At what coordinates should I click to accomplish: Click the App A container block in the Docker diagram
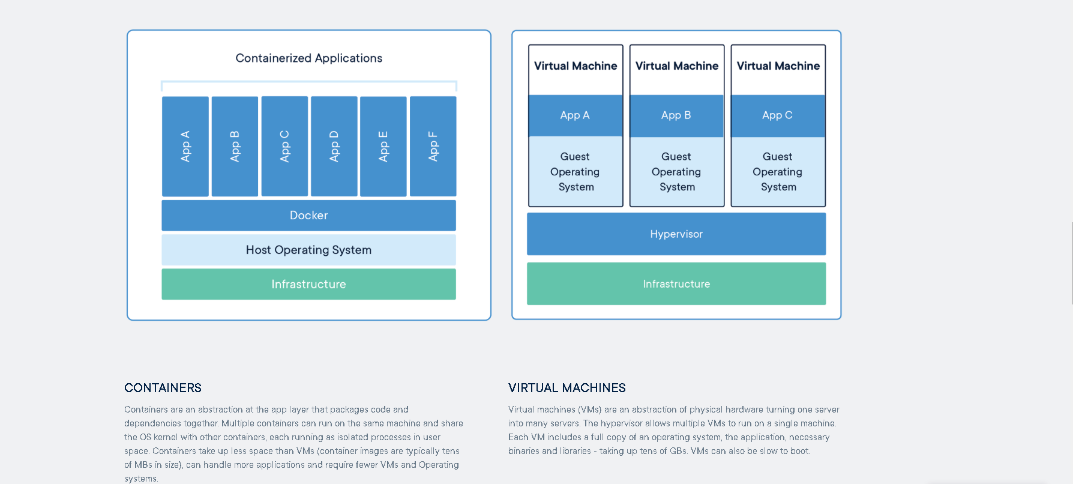(x=185, y=147)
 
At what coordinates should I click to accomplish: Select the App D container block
(x=334, y=147)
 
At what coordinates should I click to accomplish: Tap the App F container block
(x=433, y=147)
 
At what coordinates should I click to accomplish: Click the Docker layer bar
(x=308, y=216)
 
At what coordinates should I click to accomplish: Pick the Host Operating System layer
(x=308, y=250)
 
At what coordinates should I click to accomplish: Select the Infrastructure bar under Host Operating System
(x=308, y=284)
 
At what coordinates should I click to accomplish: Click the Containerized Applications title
(x=308, y=58)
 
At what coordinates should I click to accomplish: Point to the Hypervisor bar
(x=676, y=234)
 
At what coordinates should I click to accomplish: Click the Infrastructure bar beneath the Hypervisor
(x=676, y=284)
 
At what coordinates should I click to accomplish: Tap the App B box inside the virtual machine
(x=676, y=115)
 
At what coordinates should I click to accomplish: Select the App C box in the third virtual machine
(x=778, y=115)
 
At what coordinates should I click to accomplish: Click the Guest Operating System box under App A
(x=576, y=172)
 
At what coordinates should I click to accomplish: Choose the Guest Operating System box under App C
(x=778, y=172)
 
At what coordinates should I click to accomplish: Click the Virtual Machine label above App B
(x=677, y=66)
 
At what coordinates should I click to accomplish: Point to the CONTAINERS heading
(x=163, y=388)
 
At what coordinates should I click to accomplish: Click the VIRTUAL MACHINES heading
(x=567, y=388)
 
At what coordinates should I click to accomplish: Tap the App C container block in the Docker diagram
(x=284, y=147)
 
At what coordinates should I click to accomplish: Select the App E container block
(x=383, y=147)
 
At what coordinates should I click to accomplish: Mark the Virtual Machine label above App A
(x=576, y=66)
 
